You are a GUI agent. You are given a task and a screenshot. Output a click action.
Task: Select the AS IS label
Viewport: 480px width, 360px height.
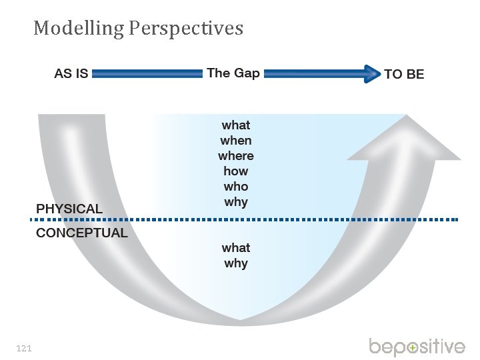pyautogui.click(x=71, y=74)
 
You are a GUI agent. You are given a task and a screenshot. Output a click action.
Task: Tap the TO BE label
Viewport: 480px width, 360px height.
pyautogui.click(x=404, y=74)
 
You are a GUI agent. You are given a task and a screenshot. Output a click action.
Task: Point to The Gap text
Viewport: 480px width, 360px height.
pyautogui.click(x=233, y=73)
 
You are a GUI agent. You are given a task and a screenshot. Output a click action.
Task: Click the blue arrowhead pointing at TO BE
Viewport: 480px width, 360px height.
pyautogui.click(x=369, y=73)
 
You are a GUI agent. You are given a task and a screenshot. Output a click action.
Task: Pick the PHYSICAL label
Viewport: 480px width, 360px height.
pyautogui.click(x=69, y=209)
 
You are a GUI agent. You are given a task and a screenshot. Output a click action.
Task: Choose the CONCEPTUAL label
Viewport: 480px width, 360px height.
pyautogui.click(x=81, y=233)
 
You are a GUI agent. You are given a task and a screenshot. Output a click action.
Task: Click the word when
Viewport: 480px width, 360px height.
pyautogui.click(x=236, y=140)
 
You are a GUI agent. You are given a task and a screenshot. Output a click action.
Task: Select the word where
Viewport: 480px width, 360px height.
pyautogui.click(x=236, y=155)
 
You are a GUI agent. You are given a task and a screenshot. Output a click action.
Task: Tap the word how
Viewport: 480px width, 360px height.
pyautogui.click(x=236, y=171)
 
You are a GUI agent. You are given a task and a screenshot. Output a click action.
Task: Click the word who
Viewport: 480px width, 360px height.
pyautogui.click(x=236, y=187)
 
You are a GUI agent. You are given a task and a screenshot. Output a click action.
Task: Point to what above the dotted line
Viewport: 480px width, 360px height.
pyautogui.click(x=236, y=125)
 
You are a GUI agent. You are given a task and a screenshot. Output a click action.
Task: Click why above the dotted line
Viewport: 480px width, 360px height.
pyautogui.click(x=236, y=202)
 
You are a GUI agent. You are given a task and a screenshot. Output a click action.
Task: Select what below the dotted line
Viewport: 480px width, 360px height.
pyautogui.click(x=236, y=248)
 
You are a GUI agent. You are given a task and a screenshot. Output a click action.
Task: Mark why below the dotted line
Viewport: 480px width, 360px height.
pyautogui.click(x=236, y=263)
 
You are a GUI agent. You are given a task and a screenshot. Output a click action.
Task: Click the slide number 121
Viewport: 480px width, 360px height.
pyautogui.click(x=24, y=348)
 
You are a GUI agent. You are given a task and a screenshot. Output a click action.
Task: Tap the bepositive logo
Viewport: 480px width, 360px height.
pyautogui.click(x=417, y=347)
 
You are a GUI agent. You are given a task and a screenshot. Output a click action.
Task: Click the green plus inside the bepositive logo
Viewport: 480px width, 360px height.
pyautogui.click(x=413, y=348)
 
